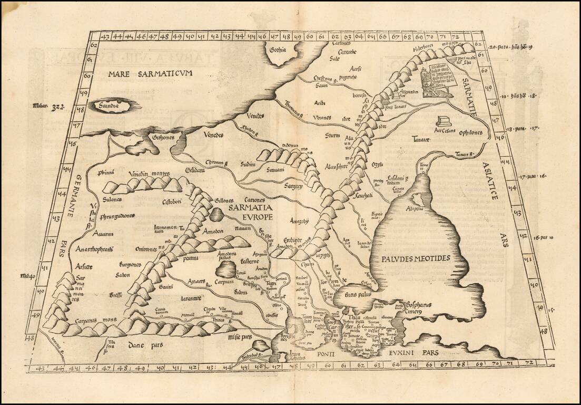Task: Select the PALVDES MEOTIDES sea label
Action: pyautogui.click(x=416, y=258)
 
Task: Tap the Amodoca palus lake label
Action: pyautogui.click(x=227, y=256)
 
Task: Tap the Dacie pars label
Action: pyautogui.click(x=144, y=345)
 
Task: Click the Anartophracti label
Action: pyautogui.click(x=94, y=249)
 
